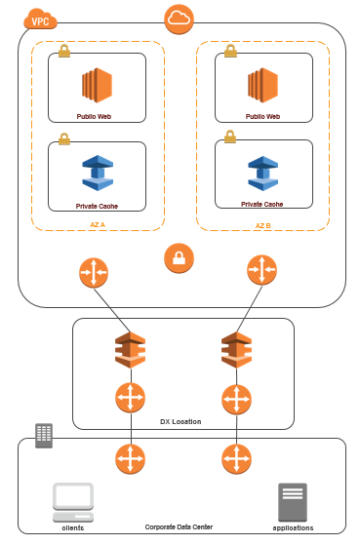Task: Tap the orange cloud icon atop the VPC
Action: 180,19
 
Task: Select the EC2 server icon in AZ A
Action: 97,85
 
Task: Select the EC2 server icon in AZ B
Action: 262,85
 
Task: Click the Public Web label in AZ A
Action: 97,116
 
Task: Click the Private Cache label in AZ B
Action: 262,205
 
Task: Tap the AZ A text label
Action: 97,224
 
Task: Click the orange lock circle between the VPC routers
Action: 180,258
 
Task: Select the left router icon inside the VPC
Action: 94,270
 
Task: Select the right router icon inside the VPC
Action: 261,270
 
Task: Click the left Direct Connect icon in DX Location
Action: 130,348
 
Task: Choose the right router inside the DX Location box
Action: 235,399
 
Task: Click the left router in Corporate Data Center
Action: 130,458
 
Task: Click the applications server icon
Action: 293,501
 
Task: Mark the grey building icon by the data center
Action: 44,434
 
